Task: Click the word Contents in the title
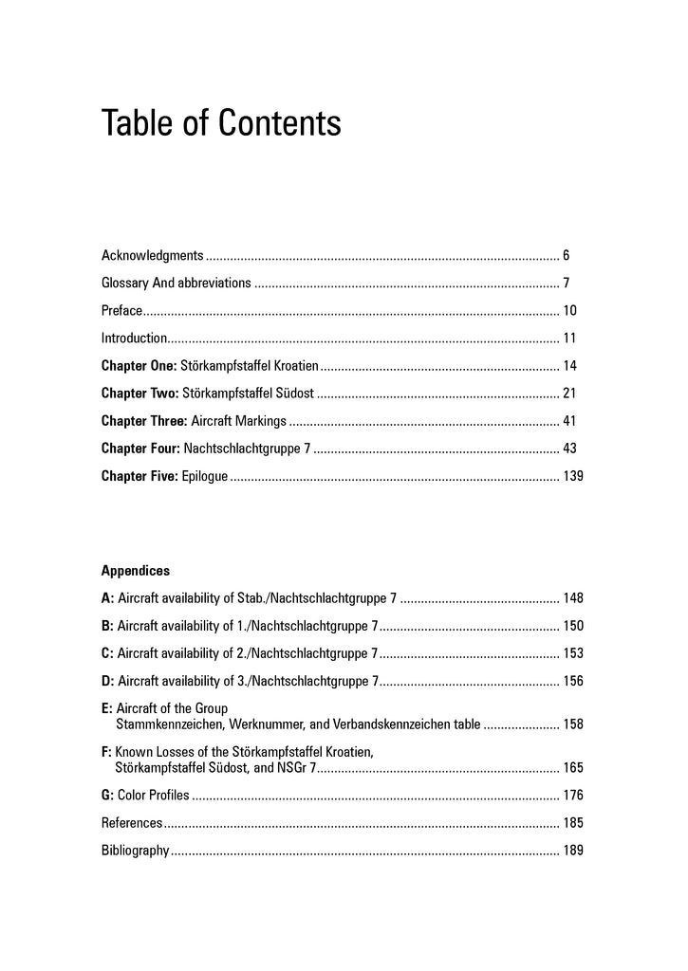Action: (x=281, y=124)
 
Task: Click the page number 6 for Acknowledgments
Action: (x=566, y=255)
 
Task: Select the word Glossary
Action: (x=125, y=283)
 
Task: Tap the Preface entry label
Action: (x=121, y=310)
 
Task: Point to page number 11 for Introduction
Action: (x=569, y=338)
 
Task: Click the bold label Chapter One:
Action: (x=139, y=365)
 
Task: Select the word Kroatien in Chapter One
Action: (x=294, y=365)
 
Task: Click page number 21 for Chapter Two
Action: (x=569, y=393)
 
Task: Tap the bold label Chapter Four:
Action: (x=140, y=448)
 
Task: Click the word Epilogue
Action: (x=204, y=475)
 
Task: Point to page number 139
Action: (x=572, y=475)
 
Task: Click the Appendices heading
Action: (x=136, y=571)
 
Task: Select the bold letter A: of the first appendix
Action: (x=107, y=598)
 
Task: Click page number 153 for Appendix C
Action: (x=572, y=653)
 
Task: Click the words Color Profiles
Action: (x=154, y=795)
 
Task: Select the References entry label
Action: (x=131, y=822)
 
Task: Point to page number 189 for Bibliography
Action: (x=572, y=850)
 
